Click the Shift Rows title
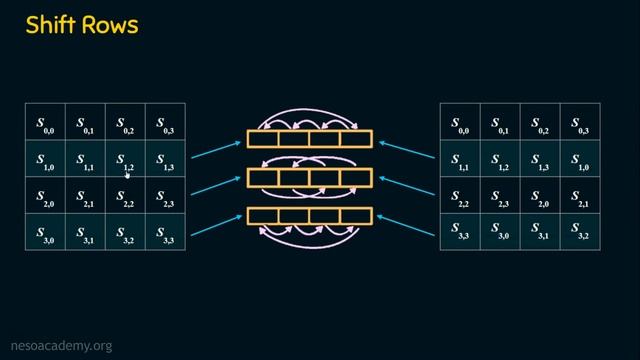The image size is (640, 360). pos(82,24)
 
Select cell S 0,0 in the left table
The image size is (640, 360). pos(45,123)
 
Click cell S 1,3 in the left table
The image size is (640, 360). pos(165,160)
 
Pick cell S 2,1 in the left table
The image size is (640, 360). pos(85,197)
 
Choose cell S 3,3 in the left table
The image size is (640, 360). pos(165,234)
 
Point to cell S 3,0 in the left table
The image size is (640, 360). pos(45,234)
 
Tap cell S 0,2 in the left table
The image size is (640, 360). pos(125,123)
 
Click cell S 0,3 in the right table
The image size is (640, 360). pos(580,123)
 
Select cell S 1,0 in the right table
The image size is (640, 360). pos(580,160)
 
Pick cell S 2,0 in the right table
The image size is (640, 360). pos(540,197)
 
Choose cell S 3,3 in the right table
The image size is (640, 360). pos(460,234)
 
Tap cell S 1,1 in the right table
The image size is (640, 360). pos(460,160)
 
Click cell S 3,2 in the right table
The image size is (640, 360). pos(580,234)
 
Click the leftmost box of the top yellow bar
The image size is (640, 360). pos(263,139)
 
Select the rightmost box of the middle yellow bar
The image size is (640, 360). pos(356,177)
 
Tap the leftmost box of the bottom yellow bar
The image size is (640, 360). pos(263,215)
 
